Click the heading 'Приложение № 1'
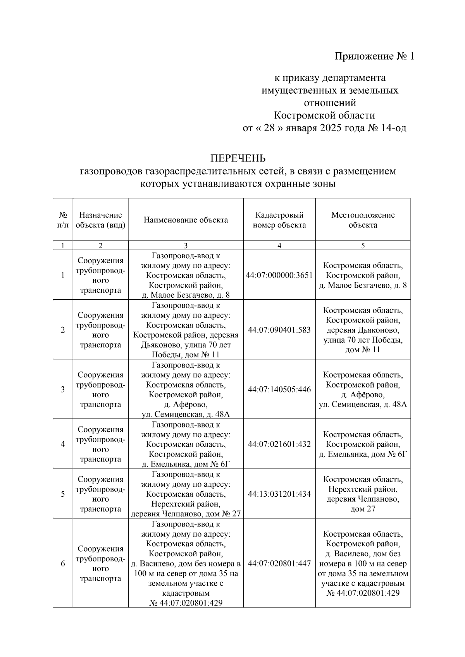374,57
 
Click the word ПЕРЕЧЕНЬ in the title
238,158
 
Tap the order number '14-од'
394,128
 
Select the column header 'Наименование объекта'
186,220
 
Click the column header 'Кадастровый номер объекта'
279,220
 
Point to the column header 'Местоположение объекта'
363,220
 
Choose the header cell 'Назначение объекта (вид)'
100,220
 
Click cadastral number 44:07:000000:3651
279,275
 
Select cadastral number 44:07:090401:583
279,330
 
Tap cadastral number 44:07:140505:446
279,389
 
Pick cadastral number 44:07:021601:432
279,444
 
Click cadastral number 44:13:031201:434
279,494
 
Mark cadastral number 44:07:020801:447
279,563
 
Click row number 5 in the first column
63,494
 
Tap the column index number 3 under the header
186,245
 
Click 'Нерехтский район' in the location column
363,489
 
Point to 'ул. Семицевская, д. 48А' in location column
363,405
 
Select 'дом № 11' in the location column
363,350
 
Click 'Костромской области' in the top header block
324,115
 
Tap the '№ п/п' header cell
63,220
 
